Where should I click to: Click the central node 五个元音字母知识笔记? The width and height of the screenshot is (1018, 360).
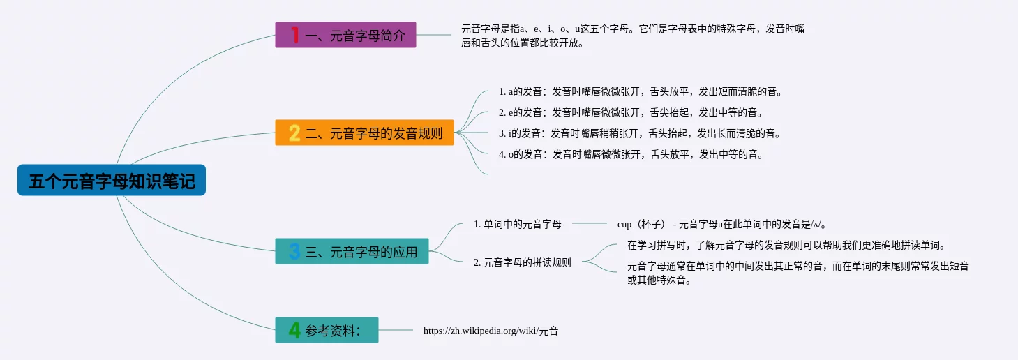(112, 180)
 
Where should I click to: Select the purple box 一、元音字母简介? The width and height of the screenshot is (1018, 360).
(345, 35)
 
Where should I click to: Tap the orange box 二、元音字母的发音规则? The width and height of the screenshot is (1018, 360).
(364, 133)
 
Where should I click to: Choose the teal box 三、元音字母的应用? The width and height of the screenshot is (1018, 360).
(352, 251)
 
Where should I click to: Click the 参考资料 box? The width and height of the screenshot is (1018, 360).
(327, 330)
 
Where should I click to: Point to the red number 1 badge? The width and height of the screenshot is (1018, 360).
(295, 35)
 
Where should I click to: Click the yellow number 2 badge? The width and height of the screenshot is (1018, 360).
(294, 133)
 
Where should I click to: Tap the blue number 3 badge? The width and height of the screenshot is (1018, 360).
(294, 251)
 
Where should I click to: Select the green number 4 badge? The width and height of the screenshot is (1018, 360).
(294, 330)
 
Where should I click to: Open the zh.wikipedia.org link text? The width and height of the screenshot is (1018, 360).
(491, 331)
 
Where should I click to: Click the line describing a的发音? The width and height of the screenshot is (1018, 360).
(641, 92)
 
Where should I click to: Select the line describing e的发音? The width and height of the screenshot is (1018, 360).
(631, 113)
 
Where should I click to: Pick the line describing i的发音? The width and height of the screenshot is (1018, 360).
(640, 134)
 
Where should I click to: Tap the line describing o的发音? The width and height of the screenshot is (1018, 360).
(631, 155)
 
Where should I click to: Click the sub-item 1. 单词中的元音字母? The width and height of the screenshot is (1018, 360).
(518, 224)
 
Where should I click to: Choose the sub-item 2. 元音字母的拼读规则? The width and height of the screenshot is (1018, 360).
(523, 263)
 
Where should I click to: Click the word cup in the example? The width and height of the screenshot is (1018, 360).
(624, 225)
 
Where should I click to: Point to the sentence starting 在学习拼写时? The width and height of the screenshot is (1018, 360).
(786, 246)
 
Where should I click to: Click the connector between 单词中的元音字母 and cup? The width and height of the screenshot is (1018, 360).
(590, 224)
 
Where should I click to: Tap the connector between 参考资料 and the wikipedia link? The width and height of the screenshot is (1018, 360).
(396, 330)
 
